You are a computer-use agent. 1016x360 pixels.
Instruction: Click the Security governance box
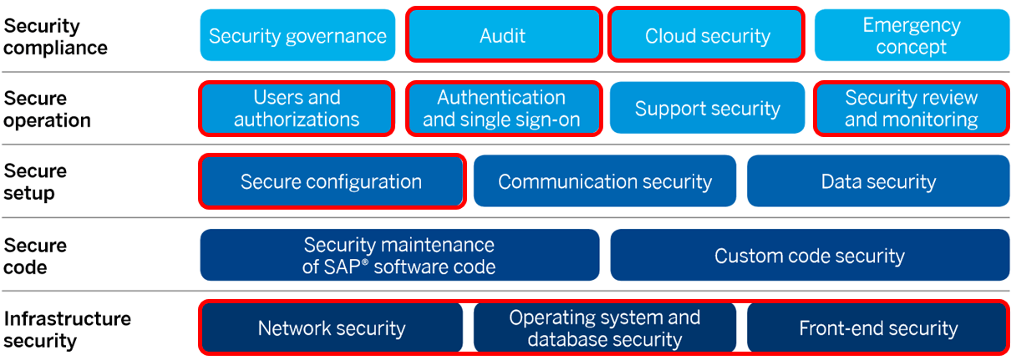pos(297,36)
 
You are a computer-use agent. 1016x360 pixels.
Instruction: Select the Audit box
pos(503,36)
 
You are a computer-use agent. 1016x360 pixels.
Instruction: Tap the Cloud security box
pos(707,36)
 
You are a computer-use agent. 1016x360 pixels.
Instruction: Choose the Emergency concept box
pos(911,36)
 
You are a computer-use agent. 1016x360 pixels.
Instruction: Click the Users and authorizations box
pos(297,109)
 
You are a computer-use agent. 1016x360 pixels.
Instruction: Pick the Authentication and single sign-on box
pos(502,109)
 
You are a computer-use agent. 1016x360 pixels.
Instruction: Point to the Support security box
pos(707,109)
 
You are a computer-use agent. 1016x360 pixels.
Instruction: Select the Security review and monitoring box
pos(911,109)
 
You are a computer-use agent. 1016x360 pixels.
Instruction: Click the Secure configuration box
pos(331,181)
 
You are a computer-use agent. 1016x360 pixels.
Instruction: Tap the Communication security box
pos(605,181)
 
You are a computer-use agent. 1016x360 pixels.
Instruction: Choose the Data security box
pos(878,181)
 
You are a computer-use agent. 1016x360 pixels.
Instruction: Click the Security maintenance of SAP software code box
pos(399,256)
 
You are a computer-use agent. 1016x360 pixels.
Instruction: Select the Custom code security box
pos(809,256)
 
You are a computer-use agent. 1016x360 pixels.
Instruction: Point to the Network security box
pos(331,328)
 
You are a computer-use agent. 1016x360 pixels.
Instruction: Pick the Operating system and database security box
pos(605,328)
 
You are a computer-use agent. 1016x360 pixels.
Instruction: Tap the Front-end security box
pos(878,328)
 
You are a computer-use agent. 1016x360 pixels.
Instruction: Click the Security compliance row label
pos(55,37)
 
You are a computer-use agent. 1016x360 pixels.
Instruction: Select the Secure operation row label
pos(47,109)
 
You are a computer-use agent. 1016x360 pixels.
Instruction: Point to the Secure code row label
pos(36,256)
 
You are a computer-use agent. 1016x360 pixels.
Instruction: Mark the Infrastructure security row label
pos(67,330)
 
